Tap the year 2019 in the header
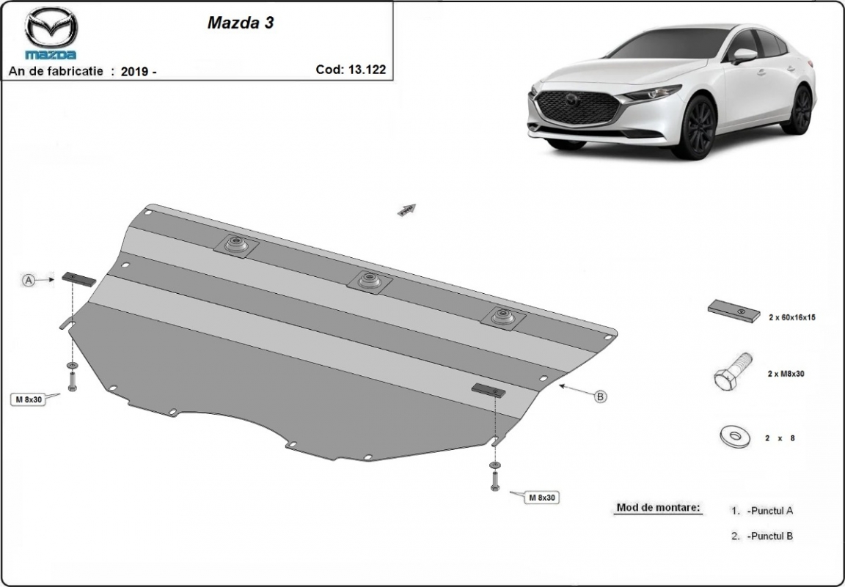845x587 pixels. tap(134, 71)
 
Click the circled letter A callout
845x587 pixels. tap(29, 280)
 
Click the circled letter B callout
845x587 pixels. tap(600, 396)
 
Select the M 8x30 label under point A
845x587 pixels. tap(27, 399)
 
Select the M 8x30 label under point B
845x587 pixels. tap(542, 498)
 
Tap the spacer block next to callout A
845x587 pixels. tap(78, 278)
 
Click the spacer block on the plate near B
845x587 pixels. tap(487, 390)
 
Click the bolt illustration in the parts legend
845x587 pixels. tap(732, 371)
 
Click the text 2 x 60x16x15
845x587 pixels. tap(792, 317)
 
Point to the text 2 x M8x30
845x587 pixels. tap(786, 374)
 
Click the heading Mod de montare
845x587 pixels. tap(658, 507)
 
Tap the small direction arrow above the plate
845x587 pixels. tap(406, 210)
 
